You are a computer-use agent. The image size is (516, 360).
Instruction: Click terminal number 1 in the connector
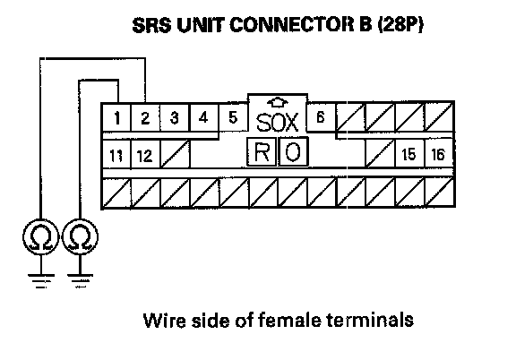[116, 117]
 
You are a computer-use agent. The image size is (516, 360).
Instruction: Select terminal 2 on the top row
[145, 117]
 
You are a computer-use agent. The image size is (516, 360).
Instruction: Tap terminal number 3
[175, 117]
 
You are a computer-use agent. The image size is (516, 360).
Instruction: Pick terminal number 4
[203, 117]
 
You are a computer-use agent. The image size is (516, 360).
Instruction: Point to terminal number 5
[233, 117]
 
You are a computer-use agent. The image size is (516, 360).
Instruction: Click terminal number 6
[321, 116]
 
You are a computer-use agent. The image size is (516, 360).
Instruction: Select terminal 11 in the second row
[116, 155]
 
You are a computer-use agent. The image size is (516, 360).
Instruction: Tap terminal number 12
[145, 155]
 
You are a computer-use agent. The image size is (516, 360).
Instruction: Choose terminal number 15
[408, 154]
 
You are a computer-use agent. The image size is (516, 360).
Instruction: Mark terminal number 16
[438, 154]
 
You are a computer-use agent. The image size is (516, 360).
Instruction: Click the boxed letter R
[262, 152]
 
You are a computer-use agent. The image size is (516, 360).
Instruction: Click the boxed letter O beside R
[293, 152]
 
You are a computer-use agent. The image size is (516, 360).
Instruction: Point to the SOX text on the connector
[277, 123]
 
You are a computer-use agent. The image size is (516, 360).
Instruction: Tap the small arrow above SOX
[278, 103]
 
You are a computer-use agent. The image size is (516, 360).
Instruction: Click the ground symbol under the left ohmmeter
[41, 280]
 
